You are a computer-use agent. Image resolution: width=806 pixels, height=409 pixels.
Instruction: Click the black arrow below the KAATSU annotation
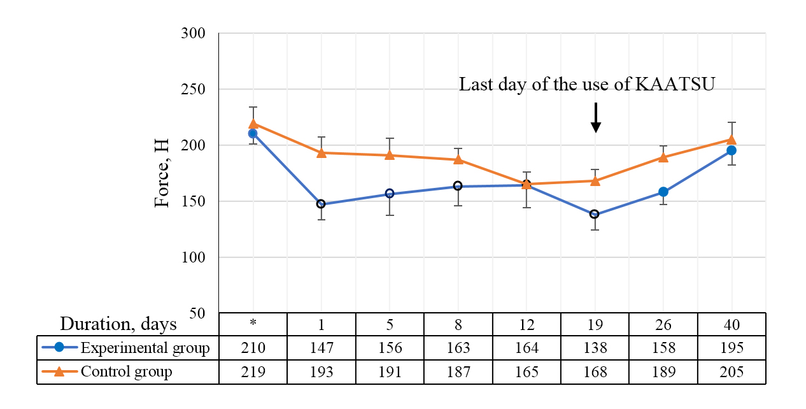pyautogui.click(x=595, y=118)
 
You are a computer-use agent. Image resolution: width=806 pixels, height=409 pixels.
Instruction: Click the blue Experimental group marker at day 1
pyautogui.click(x=321, y=204)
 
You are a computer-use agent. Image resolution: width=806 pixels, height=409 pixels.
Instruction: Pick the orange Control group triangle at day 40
pyautogui.click(x=732, y=140)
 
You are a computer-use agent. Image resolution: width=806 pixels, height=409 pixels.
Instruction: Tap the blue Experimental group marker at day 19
pyautogui.click(x=595, y=214)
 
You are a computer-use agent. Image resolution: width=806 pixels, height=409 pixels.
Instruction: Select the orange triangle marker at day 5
pyautogui.click(x=390, y=155)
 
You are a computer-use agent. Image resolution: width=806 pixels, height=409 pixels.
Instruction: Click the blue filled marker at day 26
pyautogui.click(x=663, y=192)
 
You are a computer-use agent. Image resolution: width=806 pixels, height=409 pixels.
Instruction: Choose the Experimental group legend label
pyautogui.click(x=145, y=348)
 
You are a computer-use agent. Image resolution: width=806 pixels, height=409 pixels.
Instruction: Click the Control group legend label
pyautogui.click(x=126, y=371)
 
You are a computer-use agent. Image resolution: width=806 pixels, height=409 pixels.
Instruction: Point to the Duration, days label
pyautogui.click(x=118, y=324)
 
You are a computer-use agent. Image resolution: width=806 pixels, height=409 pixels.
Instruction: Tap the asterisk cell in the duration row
pyautogui.click(x=253, y=324)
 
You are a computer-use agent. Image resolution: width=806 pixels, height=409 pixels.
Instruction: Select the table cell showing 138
pyautogui.click(x=595, y=348)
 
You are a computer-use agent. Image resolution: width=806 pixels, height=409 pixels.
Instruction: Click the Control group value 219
pyautogui.click(x=253, y=372)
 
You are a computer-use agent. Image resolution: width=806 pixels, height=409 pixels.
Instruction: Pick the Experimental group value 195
pyautogui.click(x=732, y=348)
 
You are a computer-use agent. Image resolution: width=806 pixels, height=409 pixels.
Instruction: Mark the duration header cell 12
pyautogui.click(x=527, y=324)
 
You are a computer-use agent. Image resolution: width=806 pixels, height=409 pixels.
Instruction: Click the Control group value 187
pyautogui.click(x=458, y=372)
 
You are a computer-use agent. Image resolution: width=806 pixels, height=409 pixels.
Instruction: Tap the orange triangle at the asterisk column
pyautogui.click(x=253, y=124)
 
